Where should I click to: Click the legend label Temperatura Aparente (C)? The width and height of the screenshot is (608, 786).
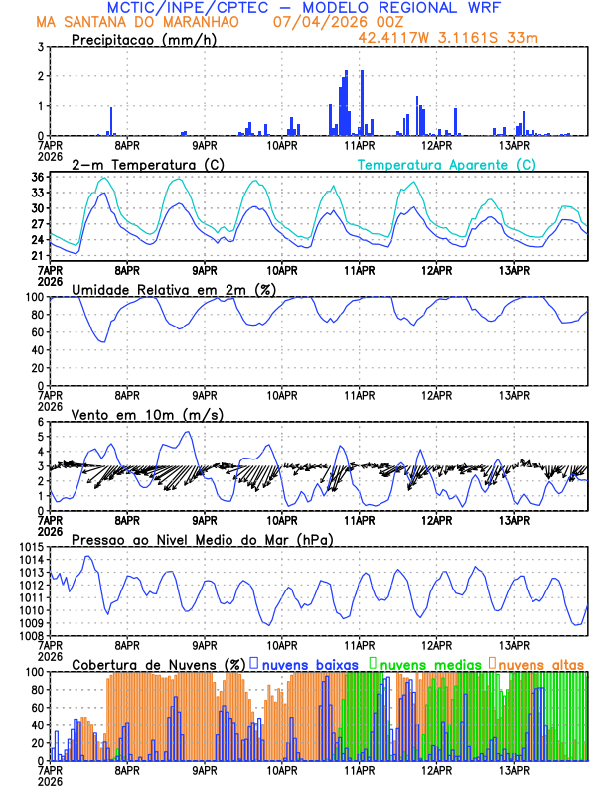(446, 164)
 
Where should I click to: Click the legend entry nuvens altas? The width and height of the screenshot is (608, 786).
(541, 663)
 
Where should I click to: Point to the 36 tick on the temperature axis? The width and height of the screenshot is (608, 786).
(37, 178)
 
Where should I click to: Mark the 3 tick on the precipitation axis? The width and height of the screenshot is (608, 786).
(41, 47)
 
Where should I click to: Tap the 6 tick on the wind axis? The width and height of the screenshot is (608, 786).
(41, 422)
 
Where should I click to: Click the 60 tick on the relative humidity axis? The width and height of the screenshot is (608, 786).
(37, 332)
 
